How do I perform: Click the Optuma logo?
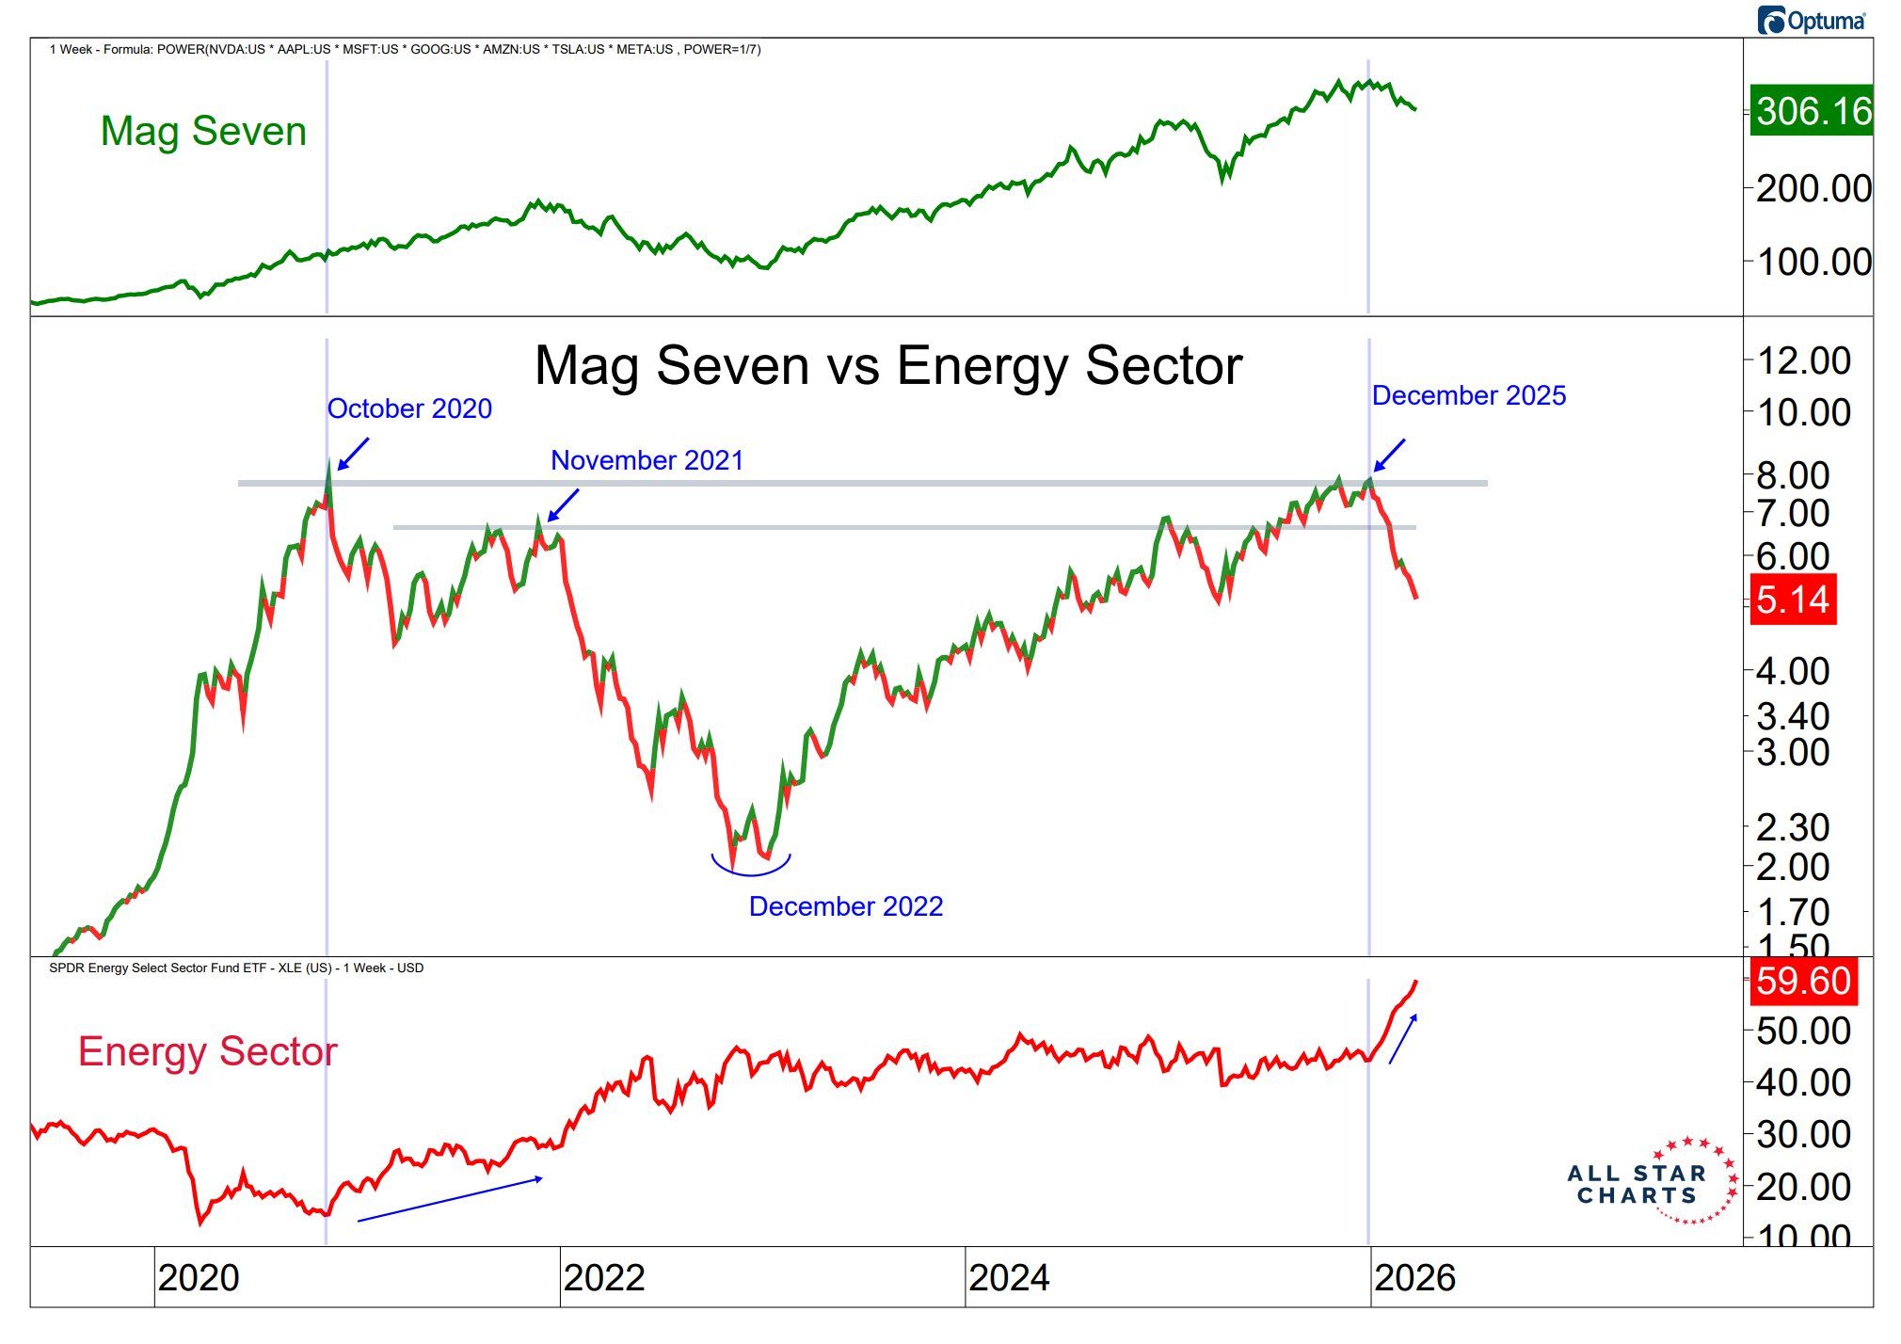[x=1812, y=21]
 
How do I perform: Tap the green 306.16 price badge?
[x=1811, y=111]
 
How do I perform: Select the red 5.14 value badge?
[x=1793, y=600]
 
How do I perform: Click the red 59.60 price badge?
[x=1802, y=981]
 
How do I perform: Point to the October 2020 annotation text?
[x=409, y=408]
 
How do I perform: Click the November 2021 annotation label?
[x=647, y=460]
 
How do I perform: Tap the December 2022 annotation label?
[x=845, y=906]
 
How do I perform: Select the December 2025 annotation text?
[x=1468, y=395]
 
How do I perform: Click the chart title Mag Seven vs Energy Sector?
[x=888, y=365]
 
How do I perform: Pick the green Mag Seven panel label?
[x=203, y=131]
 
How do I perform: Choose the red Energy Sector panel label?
[x=207, y=1051]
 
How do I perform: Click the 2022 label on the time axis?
[x=604, y=1278]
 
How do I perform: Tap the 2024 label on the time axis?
[x=1009, y=1278]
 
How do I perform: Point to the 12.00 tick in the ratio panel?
[x=1803, y=360]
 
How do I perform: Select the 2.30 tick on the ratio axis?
[x=1793, y=828]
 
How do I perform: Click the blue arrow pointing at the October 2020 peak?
[x=353, y=454]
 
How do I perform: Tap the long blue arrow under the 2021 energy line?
[x=450, y=1199]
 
